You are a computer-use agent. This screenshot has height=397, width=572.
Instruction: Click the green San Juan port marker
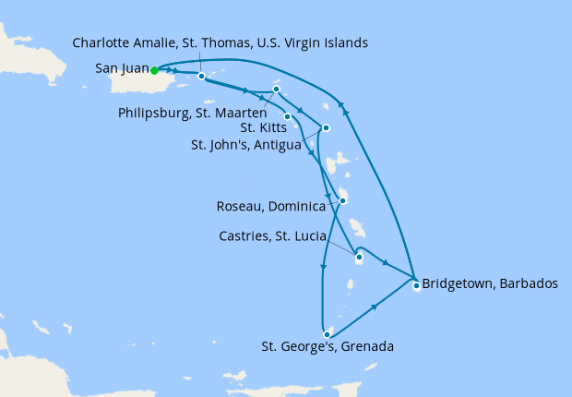click(155, 69)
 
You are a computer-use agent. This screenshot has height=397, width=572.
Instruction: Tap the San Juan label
click(119, 68)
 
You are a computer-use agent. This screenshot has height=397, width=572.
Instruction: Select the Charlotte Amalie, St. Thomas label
click(220, 42)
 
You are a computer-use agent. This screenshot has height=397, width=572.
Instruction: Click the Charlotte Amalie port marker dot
click(201, 76)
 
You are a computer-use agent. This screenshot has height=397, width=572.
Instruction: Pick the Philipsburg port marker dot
click(276, 90)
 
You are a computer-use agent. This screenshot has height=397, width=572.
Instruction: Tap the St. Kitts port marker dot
click(288, 116)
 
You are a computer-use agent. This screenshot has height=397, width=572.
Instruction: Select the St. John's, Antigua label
click(248, 144)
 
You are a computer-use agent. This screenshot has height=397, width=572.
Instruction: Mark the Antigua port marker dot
click(325, 127)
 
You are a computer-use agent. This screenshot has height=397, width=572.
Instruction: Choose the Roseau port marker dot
click(342, 200)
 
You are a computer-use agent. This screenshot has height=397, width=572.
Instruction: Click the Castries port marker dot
click(358, 258)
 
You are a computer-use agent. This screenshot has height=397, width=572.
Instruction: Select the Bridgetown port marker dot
click(416, 285)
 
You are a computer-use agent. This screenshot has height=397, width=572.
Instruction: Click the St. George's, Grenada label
click(328, 347)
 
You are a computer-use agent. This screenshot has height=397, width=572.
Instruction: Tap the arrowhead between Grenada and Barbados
click(375, 306)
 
